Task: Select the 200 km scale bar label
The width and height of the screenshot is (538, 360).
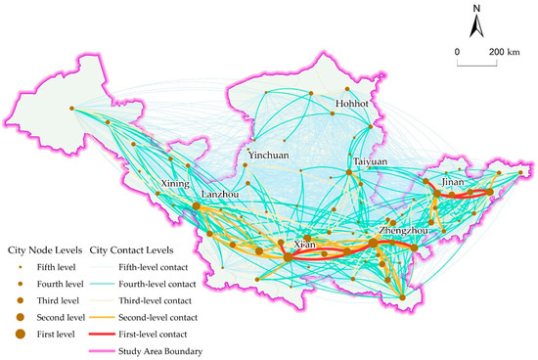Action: click(504, 50)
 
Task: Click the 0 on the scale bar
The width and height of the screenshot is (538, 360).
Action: click(457, 50)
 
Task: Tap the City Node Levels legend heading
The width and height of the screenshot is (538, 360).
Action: click(44, 249)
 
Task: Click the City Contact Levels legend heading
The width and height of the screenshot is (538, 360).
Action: click(130, 249)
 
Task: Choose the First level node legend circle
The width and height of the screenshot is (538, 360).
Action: click(19, 335)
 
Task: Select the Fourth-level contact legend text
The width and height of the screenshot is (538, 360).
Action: click(161, 283)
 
